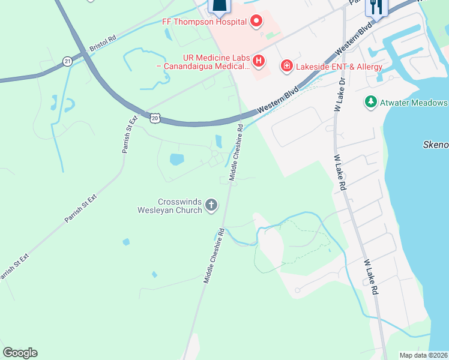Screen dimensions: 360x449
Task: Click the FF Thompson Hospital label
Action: pos(205,22)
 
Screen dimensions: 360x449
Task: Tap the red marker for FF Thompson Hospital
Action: pos(257,22)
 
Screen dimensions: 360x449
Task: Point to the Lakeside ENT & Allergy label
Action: pos(339,67)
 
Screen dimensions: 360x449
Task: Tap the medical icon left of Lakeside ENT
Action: pos(287,65)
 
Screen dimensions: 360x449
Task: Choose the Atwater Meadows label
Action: pos(414,103)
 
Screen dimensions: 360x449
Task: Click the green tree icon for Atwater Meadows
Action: pos(371,102)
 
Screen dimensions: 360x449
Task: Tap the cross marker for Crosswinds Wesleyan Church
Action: pos(211,206)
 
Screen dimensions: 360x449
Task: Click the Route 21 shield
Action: pos(67,61)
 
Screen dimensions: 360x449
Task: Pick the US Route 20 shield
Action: pos(155,119)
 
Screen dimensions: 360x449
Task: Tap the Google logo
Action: pos(20,353)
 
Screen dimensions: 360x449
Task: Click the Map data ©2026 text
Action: pos(423,355)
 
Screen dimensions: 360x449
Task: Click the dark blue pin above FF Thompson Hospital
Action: pos(220,7)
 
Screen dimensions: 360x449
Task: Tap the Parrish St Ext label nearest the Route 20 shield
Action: pos(130,134)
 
